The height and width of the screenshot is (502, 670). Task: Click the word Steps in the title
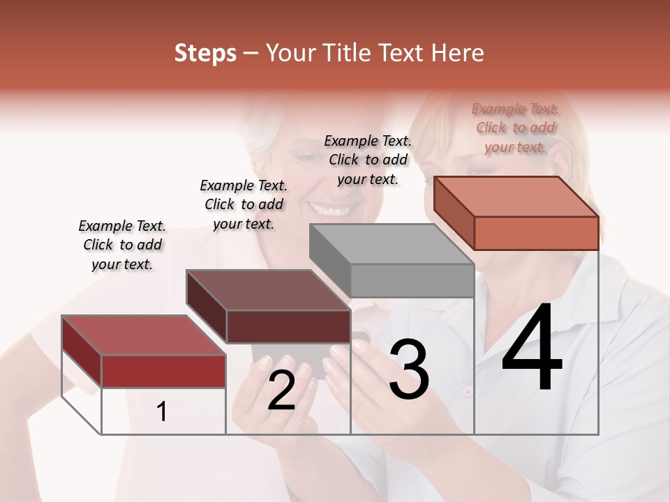[205, 53]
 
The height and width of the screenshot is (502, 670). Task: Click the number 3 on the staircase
[408, 369]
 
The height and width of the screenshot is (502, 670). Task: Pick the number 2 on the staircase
[281, 390]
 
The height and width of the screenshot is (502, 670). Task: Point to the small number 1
[162, 412]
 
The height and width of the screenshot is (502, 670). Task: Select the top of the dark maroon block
[267, 290]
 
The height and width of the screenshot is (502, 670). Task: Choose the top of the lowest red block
[144, 335]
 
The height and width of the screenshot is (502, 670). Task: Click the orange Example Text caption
[515, 128]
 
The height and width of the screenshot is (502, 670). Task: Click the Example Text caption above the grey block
[368, 160]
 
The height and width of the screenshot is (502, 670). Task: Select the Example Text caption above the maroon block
[244, 204]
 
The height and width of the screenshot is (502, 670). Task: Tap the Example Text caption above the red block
[122, 245]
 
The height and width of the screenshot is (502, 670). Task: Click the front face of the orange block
[536, 233]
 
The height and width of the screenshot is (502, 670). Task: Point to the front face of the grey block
[412, 280]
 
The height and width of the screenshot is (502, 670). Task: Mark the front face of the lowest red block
[163, 371]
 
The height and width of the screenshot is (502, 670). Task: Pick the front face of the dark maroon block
[288, 326]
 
